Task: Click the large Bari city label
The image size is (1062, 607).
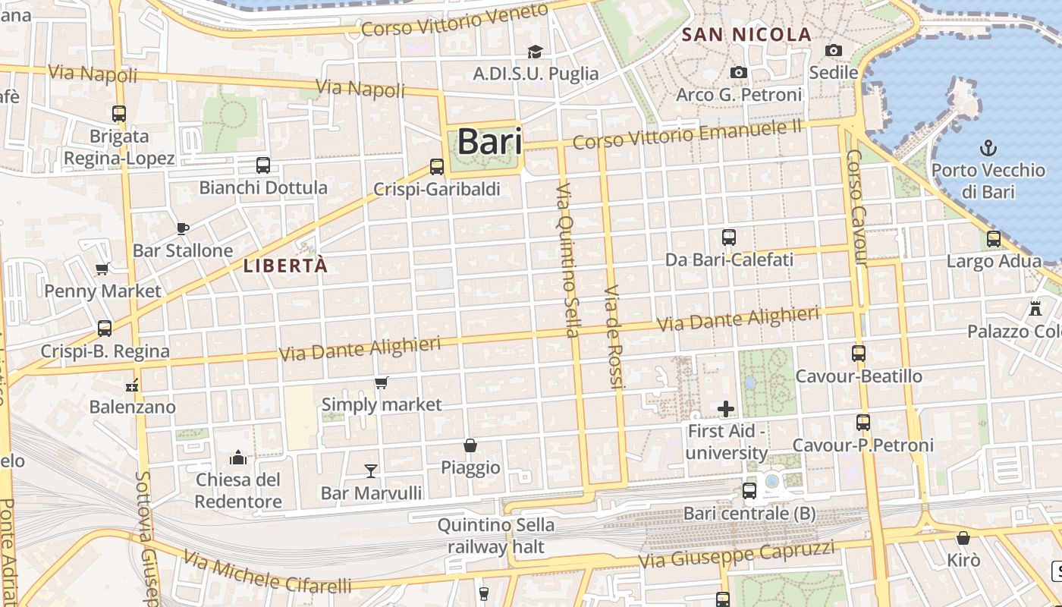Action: pyautogui.click(x=489, y=142)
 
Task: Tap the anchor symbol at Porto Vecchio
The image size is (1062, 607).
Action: pyautogui.click(x=988, y=148)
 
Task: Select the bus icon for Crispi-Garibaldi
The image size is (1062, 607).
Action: pyautogui.click(x=436, y=166)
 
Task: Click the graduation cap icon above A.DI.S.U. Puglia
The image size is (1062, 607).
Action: pyautogui.click(x=536, y=52)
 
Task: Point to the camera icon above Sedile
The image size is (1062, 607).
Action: pyautogui.click(x=834, y=50)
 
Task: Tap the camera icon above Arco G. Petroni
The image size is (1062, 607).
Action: pyautogui.click(x=738, y=72)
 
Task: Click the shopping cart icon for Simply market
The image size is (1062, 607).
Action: pyautogui.click(x=381, y=382)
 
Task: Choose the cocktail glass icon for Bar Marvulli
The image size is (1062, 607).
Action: pyautogui.click(x=370, y=471)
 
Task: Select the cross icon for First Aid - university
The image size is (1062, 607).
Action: pyautogui.click(x=726, y=410)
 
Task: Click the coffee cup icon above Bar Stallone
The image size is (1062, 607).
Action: pyautogui.click(x=182, y=228)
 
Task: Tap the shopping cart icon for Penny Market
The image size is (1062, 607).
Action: pyautogui.click(x=102, y=269)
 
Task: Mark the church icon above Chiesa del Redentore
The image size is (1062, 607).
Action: pyautogui.click(x=238, y=458)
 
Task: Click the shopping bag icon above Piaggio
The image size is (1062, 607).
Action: pyautogui.click(x=470, y=445)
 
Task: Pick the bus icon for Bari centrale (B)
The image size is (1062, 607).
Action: pyautogui.click(x=749, y=491)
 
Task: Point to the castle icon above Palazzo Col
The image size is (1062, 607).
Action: pyautogui.click(x=1035, y=309)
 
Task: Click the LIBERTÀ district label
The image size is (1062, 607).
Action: pyautogui.click(x=286, y=266)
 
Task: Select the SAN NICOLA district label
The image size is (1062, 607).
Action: pyautogui.click(x=746, y=34)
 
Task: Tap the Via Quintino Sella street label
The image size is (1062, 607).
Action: pyautogui.click(x=567, y=259)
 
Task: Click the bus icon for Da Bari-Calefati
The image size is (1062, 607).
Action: pyautogui.click(x=729, y=237)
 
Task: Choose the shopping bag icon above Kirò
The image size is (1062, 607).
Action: pyautogui.click(x=963, y=538)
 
